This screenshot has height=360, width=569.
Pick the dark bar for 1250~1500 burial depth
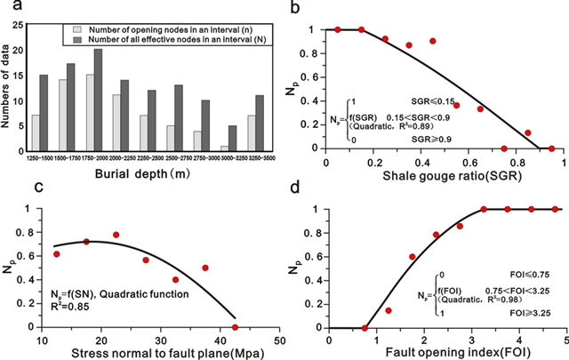(44, 112)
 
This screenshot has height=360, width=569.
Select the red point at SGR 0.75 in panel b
(504, 148)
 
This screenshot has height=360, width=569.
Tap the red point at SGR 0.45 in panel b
(433, 41)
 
